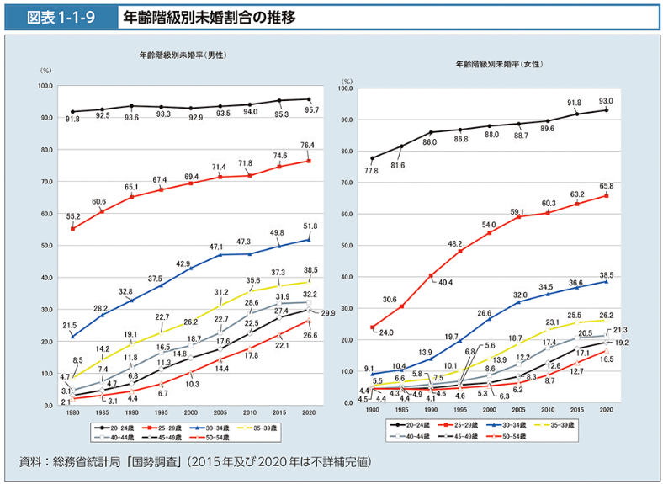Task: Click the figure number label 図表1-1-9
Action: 58,16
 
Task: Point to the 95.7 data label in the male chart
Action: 312,110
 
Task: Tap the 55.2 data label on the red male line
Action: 74,216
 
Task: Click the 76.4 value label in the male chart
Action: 308,146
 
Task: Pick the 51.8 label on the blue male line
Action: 308,226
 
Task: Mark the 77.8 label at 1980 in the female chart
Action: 371,170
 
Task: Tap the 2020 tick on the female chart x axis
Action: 606,410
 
